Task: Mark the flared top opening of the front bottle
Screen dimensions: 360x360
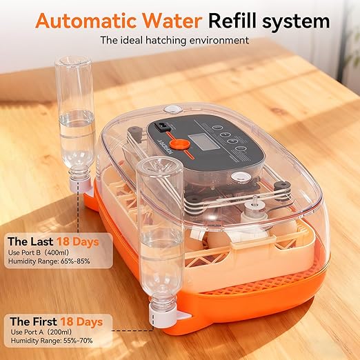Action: (x=158, y=169)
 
